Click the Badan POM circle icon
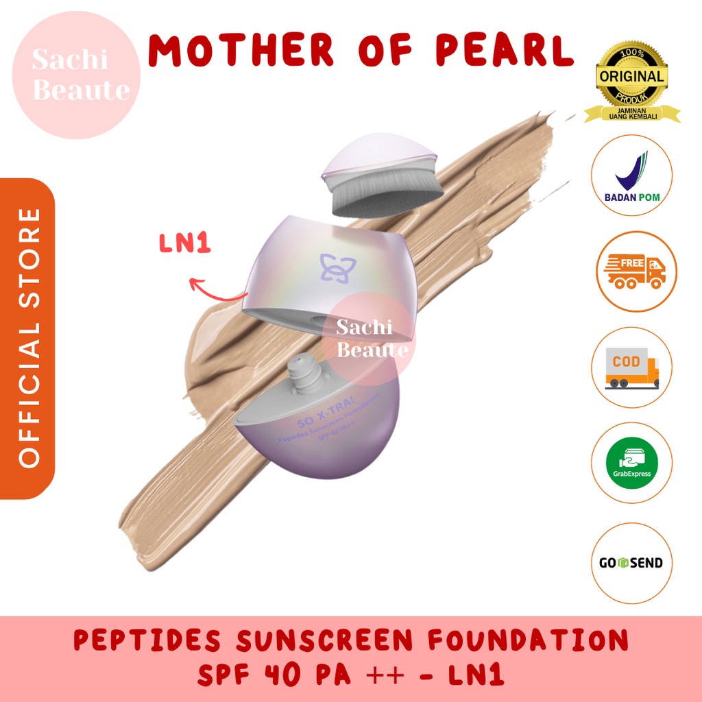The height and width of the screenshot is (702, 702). (631, 175)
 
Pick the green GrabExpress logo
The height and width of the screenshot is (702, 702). (631, 463)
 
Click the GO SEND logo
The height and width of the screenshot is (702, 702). (631, 563)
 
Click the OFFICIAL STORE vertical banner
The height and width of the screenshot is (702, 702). (29, 337)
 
